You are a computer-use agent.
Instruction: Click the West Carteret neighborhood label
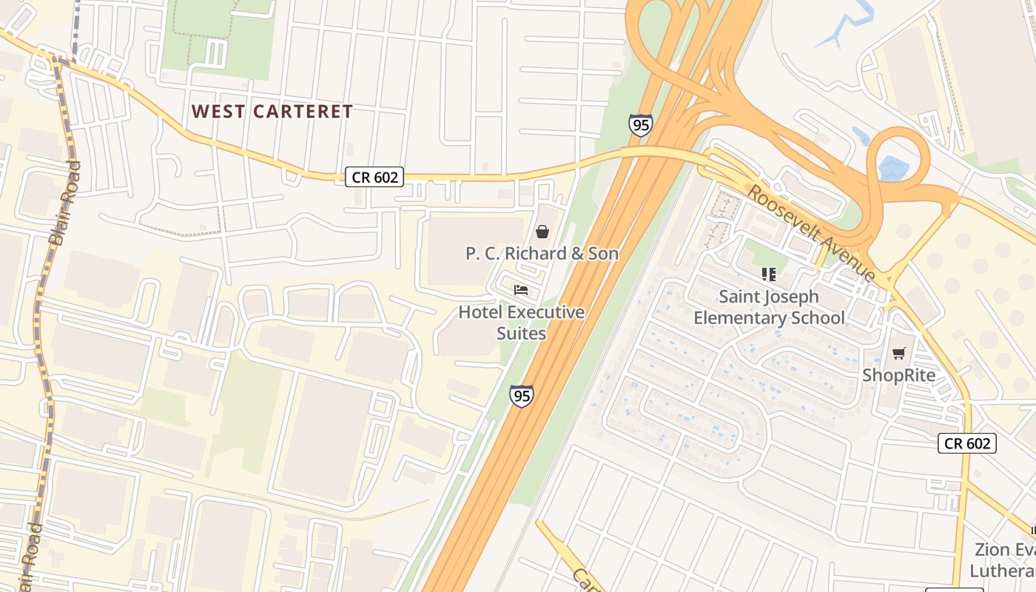point(272,112)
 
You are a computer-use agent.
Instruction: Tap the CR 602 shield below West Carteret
point(374,177)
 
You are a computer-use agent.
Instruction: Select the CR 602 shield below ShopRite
point(967,443)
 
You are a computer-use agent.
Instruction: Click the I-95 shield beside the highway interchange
point(640,124)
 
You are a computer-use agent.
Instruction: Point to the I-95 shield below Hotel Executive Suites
point(521,395)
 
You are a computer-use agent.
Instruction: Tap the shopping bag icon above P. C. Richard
point(542,232)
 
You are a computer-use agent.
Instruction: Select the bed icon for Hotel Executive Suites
point(521,289)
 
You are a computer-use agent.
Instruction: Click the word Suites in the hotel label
point(521,333)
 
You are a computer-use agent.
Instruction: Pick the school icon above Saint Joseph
point(769,275)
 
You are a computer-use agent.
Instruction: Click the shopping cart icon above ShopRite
point(898,354)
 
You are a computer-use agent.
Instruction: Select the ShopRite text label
point(898,375)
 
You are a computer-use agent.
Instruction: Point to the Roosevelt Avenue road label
point(811,232)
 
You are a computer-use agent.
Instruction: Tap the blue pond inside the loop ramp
point(895,168)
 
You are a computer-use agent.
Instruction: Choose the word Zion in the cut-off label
point(992,550)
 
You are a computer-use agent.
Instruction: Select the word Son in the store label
point(602,254)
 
